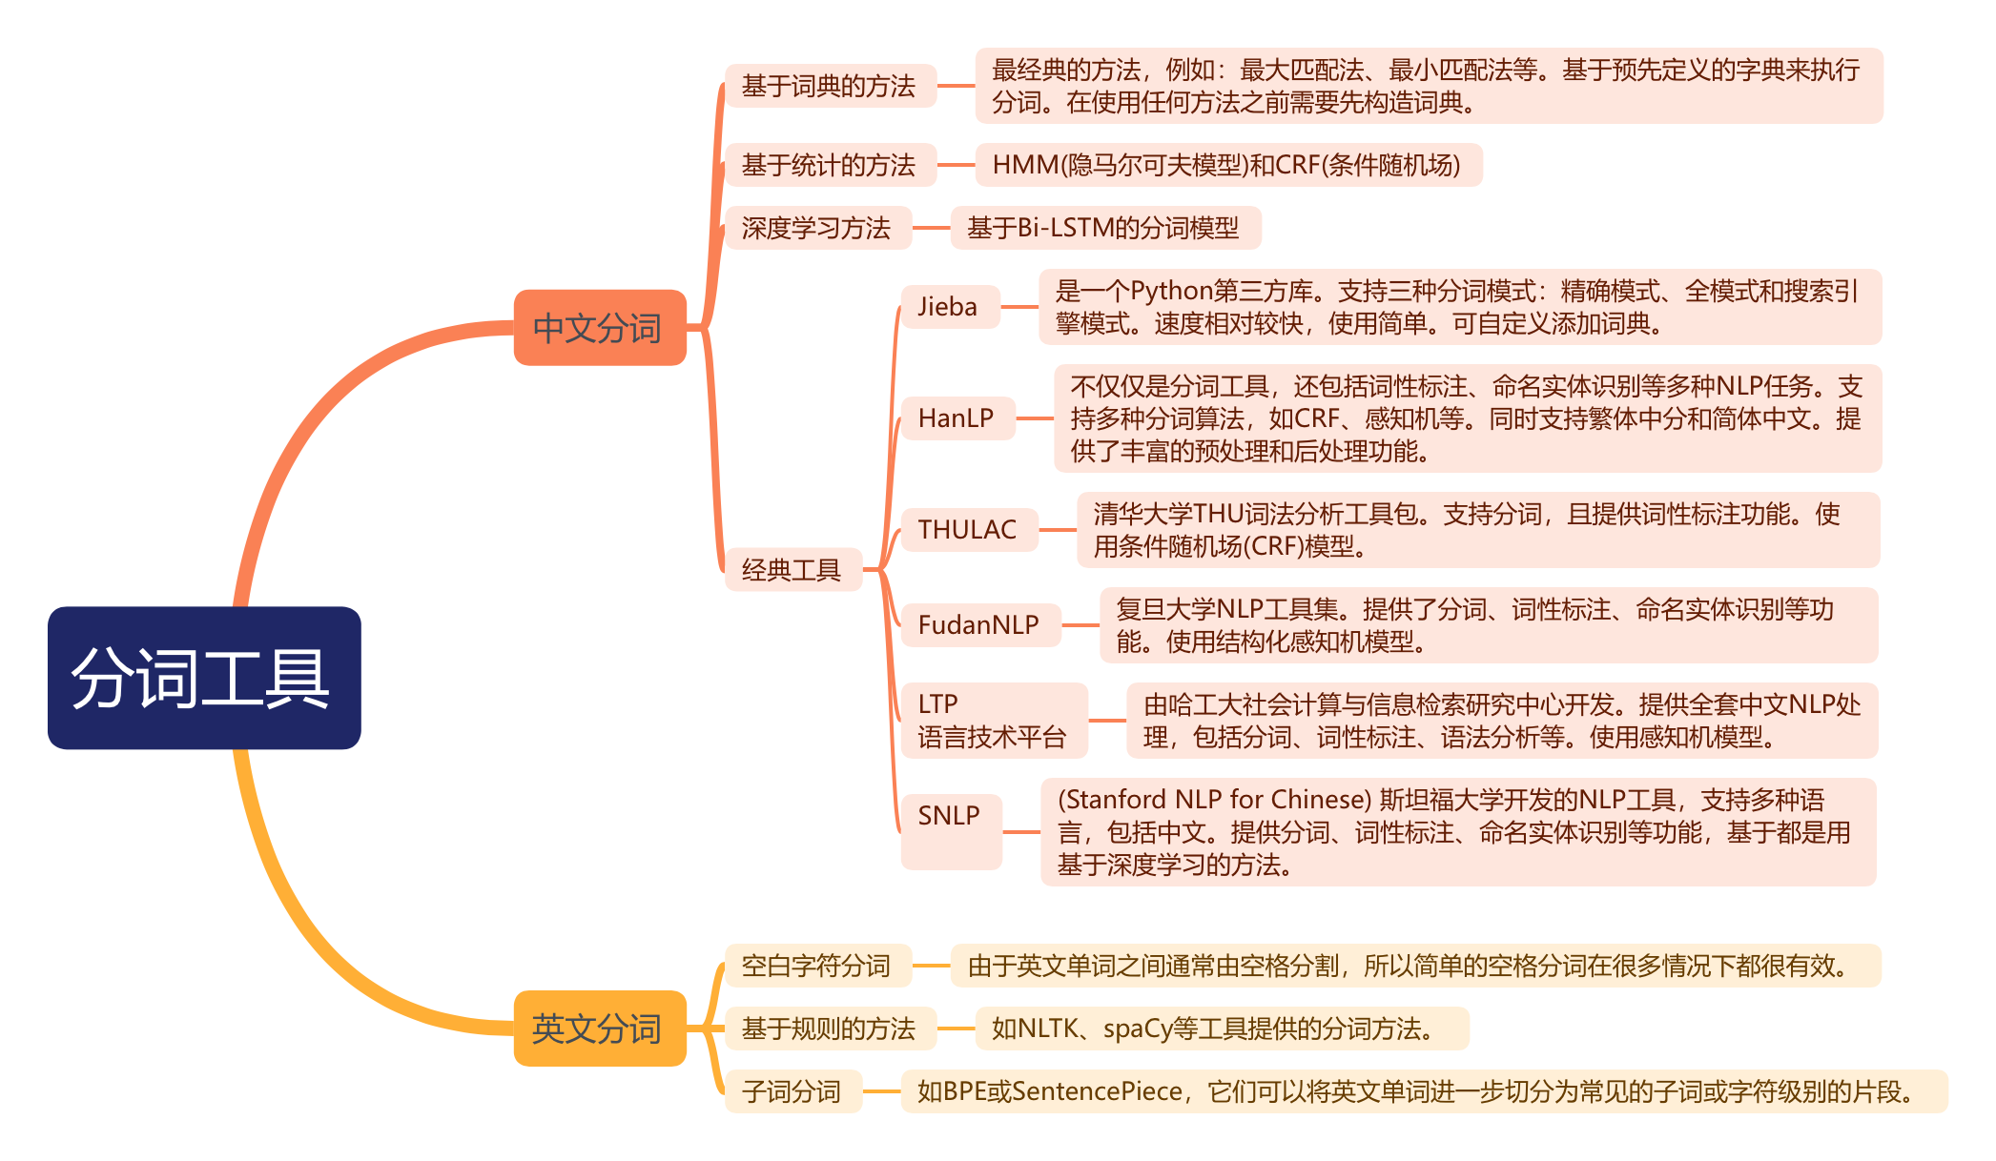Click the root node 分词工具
(x=204, y=678)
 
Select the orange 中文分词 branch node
(x=599, y=328)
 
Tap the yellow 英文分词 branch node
(x=599, y=1029)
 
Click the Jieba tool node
(x=949, y=307)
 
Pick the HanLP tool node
(x=957, y=418)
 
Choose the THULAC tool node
(x=968, y=530)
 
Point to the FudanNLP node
(x=979, y=625)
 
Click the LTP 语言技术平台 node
(x=993, y=721)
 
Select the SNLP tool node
(x=950, y=831)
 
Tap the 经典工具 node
(x=792, y=570)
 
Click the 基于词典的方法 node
(x=829, y=86)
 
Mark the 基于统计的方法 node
(x=829, y=165)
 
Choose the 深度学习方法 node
(x=817, y=228)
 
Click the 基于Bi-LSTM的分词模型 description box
(x=1104, y=228)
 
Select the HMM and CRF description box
(x=1227, y=165)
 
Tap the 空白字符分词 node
(x=817, y=966)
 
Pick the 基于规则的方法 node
(x=829, y=1029)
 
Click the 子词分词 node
(x=792, y=1091)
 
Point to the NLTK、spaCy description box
(x=1221, y=1029)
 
